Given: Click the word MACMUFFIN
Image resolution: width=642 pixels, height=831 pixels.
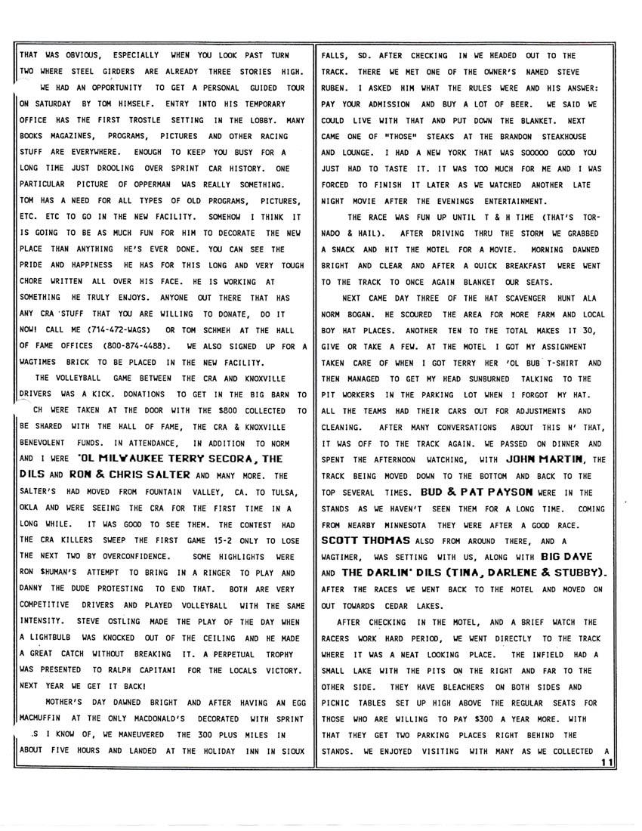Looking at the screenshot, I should click(46, 719).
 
